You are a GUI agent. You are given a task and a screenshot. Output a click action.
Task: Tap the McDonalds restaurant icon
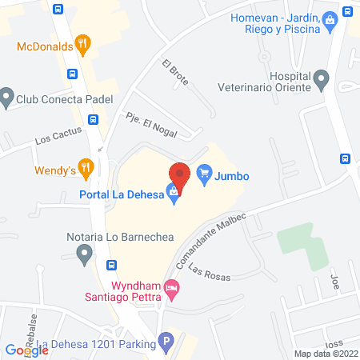click(82, 44)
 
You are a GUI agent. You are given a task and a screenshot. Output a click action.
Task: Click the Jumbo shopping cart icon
click(203, 172)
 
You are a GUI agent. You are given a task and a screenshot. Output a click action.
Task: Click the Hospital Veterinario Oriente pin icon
click(322, 79)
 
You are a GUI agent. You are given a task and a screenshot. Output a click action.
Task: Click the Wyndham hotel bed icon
click(170, 287)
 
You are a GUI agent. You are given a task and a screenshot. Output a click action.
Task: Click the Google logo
click(26, 350)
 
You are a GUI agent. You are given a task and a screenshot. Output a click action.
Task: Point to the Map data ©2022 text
click(326, 353)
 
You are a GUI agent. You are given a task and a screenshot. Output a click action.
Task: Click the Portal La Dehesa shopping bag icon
click(172, 191)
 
